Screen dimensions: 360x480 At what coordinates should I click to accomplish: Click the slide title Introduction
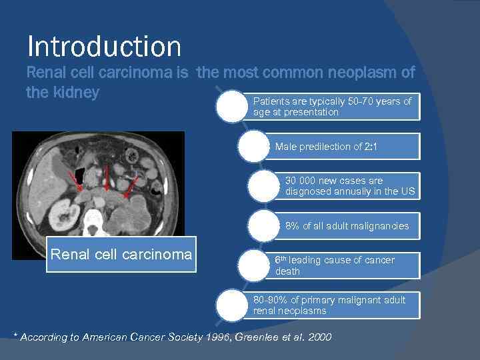click(104, 46)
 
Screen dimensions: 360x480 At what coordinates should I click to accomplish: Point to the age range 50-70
click(362, 101)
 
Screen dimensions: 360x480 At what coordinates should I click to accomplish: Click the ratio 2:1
click(372, 147)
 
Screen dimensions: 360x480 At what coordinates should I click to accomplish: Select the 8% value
click(292, 227)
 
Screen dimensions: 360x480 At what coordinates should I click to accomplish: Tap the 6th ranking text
click(281, 260)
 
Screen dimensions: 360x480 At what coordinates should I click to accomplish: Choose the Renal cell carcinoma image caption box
click(121, 254)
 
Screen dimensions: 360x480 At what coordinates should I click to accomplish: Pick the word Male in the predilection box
click(287, 147)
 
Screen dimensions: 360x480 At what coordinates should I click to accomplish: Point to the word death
click(287, 271)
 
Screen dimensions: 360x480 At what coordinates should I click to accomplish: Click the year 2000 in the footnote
click(319, 337)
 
